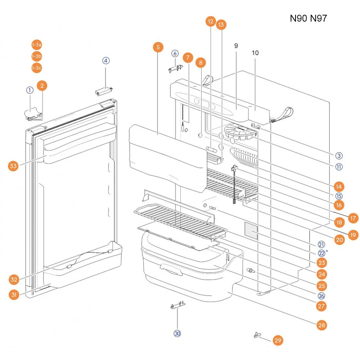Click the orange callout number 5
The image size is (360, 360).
coord(158,47)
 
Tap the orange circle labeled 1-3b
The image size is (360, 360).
coord(37,56)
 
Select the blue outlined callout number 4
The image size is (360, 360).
coord(106,60)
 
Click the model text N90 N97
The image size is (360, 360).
coord(309,18)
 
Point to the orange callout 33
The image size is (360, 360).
coord(13,166)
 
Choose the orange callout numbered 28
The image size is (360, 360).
coord(321,325)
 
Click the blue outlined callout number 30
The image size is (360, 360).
coord(177,333)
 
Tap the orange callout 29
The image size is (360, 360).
coord(278,340)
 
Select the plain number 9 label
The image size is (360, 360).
coord(236,46)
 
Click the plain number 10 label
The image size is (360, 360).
coord(255,53)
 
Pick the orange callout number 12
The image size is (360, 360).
coord(211,21)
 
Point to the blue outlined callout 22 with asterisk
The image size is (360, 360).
coord(323,253)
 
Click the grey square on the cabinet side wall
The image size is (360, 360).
coord(251,230)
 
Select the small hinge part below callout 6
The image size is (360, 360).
coord(176,69)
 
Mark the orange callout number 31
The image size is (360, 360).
coord(14,294)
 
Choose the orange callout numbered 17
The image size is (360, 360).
coord(353,218)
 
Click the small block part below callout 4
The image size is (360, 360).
coord(104,91)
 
